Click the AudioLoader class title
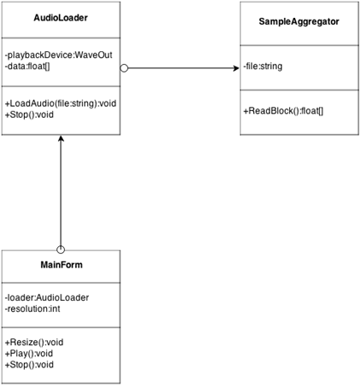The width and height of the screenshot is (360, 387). [61, 18]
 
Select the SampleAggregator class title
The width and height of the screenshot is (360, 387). [299, 21]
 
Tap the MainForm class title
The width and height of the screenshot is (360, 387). [62, 265]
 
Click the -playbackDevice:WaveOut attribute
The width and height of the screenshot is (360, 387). [59, 55]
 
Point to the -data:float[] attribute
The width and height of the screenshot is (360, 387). [27, 67]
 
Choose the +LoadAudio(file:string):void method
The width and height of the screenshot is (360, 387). [61, 103]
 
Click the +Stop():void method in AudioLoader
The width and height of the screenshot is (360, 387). [29, 114]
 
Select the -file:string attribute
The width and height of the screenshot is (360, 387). [263, 66]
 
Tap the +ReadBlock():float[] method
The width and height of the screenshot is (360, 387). [283, 111]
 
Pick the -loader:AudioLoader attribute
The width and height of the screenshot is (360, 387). [47, 297]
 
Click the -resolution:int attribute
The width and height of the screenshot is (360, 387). [32, 308]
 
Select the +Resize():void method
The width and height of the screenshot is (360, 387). [34, 342]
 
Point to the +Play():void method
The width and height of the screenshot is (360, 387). [29, 354]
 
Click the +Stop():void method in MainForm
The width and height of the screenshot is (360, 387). [29, 365]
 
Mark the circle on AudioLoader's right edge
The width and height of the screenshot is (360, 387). [124, 68]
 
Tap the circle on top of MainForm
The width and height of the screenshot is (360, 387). [61, 249]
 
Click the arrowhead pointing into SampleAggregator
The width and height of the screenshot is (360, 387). [236, 68]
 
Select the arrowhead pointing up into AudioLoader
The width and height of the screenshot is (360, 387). [61, 138]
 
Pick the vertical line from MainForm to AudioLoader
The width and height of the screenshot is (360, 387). [61, 191]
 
